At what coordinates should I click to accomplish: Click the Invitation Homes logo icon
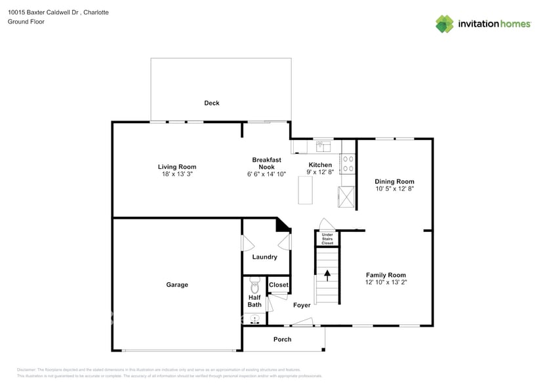pos(445,24)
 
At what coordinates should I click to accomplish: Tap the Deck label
pos(212,103)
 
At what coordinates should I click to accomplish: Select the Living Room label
pos(177,167)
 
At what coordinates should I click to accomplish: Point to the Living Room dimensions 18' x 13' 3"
pos(177,174)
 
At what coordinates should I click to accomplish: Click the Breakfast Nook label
pos(266,163)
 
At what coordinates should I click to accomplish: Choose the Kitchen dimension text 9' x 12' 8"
pos(321,172)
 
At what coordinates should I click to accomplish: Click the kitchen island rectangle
pos(305,191)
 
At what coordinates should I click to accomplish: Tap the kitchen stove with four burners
pos(348,163)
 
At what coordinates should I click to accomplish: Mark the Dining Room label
pos(394,181)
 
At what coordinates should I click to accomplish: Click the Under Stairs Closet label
pos(327,238)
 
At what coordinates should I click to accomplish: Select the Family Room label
pos(386,275)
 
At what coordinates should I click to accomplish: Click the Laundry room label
pos(265,257)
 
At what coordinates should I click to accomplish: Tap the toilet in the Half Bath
pos(255,286)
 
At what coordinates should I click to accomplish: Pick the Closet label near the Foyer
pos(279,285)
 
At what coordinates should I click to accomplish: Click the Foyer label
pos(302,305)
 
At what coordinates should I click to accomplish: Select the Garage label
pos(177,285)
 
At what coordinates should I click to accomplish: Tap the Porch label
pos(283,339)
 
